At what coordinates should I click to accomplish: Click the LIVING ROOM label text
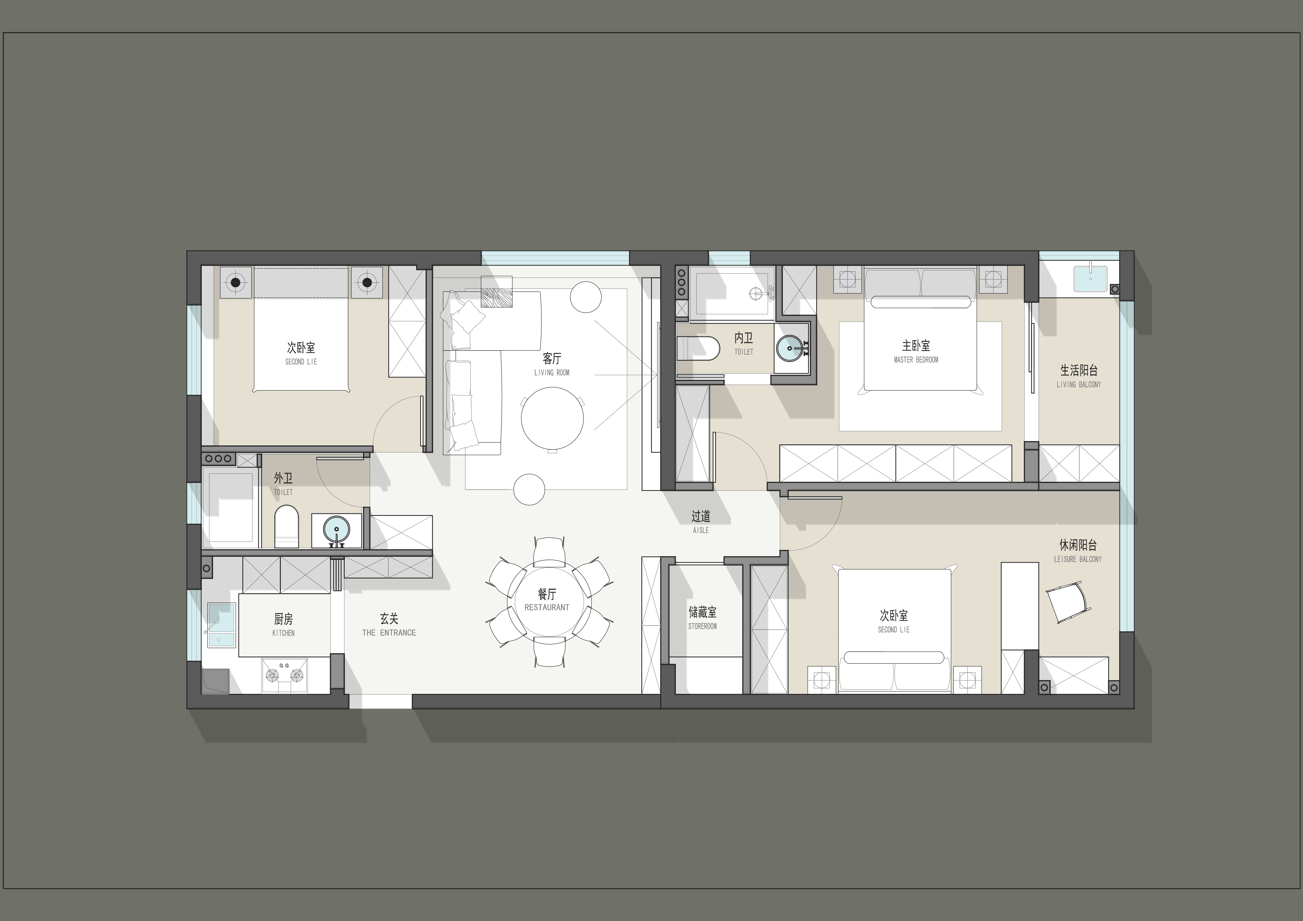[552, 373]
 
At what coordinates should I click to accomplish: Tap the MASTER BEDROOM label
[916, 360]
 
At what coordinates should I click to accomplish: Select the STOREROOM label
[703, 626]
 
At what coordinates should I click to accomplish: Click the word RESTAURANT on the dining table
[547, 607]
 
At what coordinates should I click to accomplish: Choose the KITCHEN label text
[283, 633]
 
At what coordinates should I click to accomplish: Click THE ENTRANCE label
[389, 633]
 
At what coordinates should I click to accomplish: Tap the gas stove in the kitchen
[284, 675]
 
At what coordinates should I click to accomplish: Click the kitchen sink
[221, 625]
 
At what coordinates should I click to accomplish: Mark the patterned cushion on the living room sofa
[496, 292]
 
